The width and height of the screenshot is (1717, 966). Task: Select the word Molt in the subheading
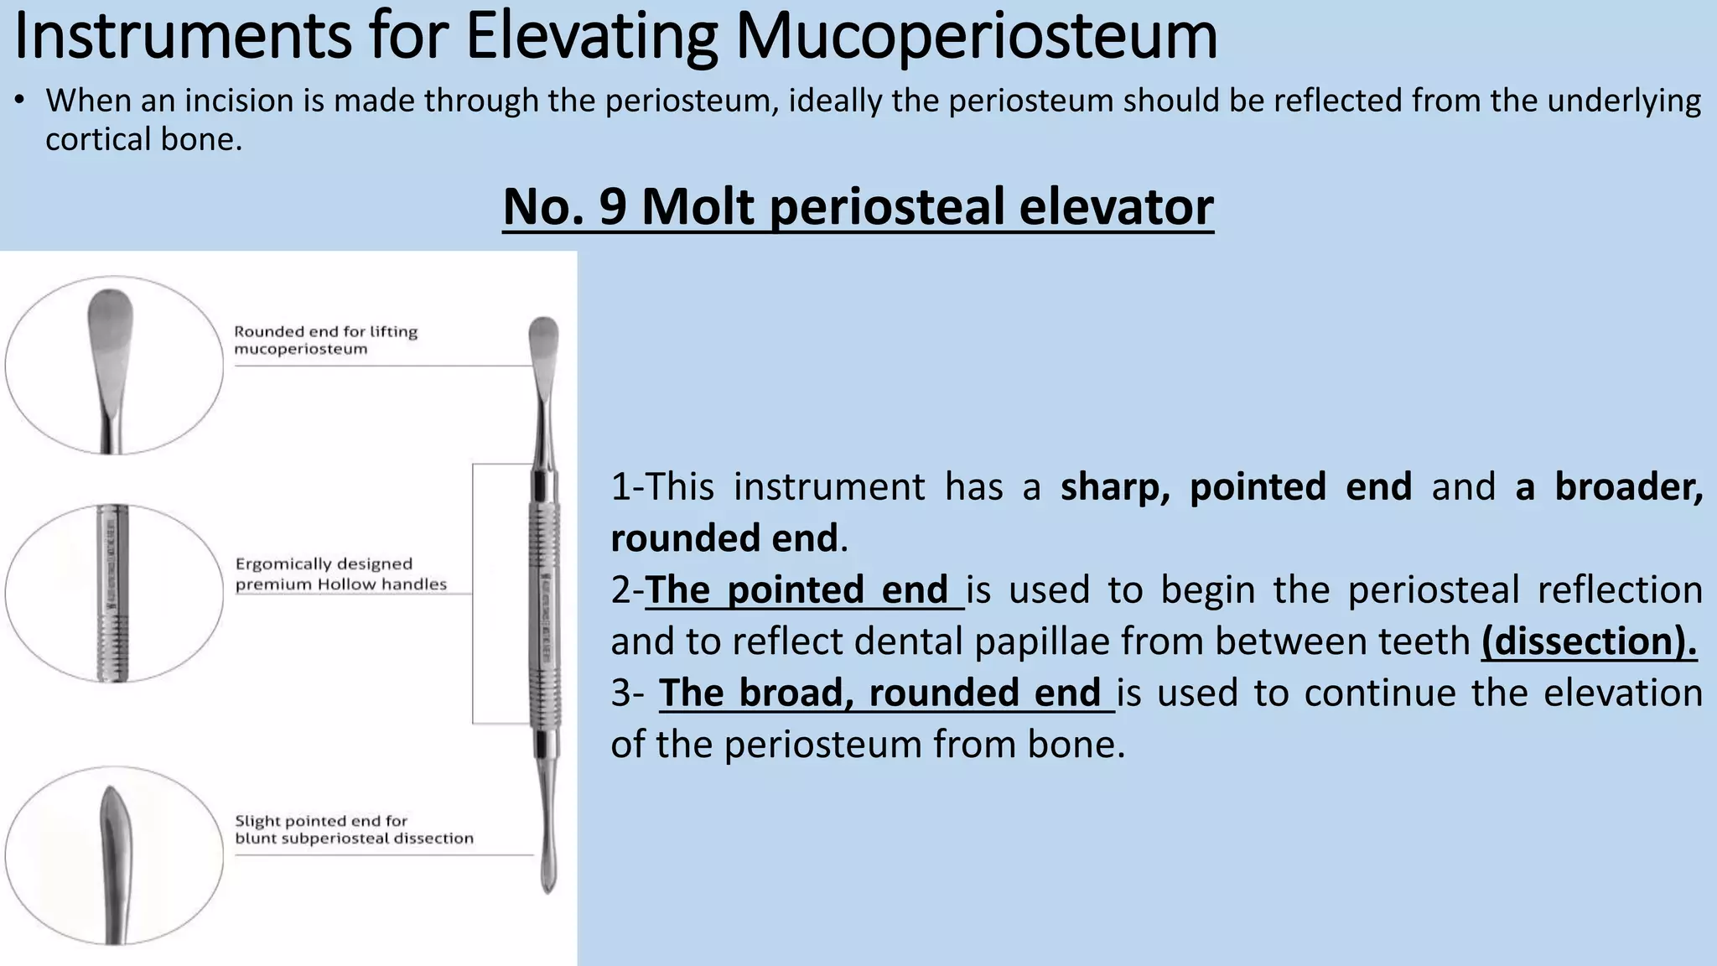698,206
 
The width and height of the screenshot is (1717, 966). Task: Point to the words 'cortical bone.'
143,139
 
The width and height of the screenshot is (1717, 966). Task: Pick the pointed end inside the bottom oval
112,830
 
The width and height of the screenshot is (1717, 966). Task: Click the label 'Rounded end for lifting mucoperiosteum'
325,340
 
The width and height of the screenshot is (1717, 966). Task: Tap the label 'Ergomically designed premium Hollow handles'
340,574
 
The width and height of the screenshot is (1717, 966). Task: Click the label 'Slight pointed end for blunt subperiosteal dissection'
353,828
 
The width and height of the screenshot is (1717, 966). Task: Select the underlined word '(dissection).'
1588,641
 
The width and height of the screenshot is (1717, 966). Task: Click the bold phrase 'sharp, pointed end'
1236,487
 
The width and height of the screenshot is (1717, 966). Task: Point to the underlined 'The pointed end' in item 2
803,589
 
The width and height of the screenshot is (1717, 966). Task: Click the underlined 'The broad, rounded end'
885,693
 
